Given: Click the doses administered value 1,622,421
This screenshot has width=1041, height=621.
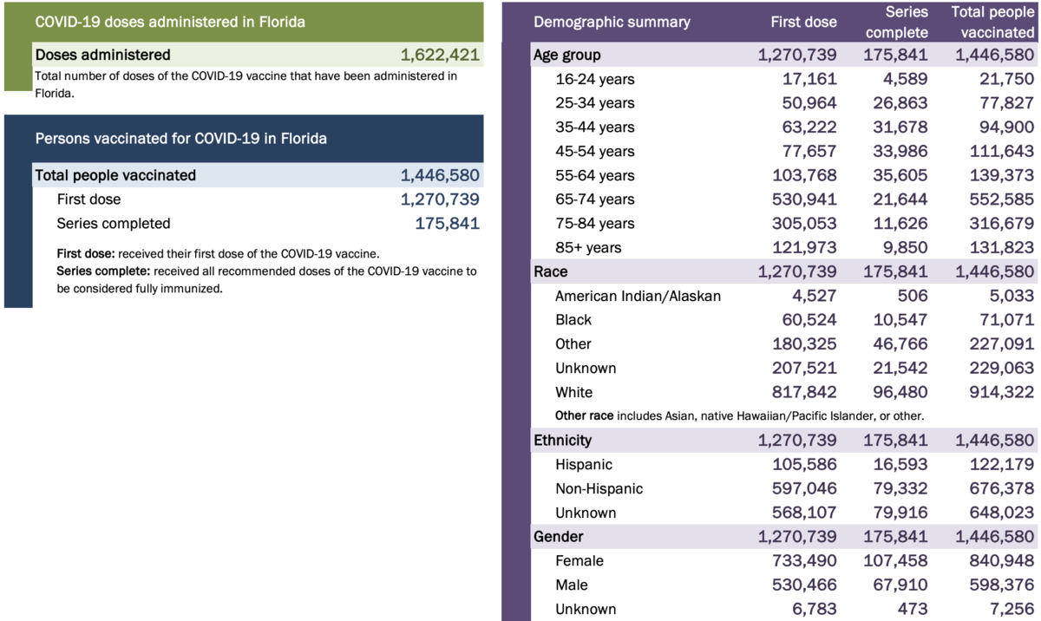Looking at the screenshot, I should tap(439, 55).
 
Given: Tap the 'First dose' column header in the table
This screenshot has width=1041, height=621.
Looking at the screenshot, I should tap(803, 22).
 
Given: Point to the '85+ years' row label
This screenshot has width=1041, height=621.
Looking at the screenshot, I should tap(588, 247).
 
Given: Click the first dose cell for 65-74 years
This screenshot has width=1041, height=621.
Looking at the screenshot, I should tap(796, 199).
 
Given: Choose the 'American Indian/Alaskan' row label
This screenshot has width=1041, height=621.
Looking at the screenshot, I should tap(638, 296).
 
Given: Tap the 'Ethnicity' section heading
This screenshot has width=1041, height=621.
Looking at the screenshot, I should tap(562, 441).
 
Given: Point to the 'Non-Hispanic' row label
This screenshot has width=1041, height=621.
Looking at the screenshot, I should tap(599, 488).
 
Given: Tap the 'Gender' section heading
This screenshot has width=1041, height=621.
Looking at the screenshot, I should tap(558, 537).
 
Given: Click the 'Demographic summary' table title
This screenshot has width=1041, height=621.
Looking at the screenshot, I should tap(612, 22).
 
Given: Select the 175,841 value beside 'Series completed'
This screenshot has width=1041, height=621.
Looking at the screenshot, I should tap(448, 223).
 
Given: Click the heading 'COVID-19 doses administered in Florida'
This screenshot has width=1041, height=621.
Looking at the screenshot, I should tap(169, 22).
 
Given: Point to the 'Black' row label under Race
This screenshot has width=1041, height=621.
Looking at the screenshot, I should tap(573, 320).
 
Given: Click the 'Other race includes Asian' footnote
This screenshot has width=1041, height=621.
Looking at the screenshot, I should tap(739, 416).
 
